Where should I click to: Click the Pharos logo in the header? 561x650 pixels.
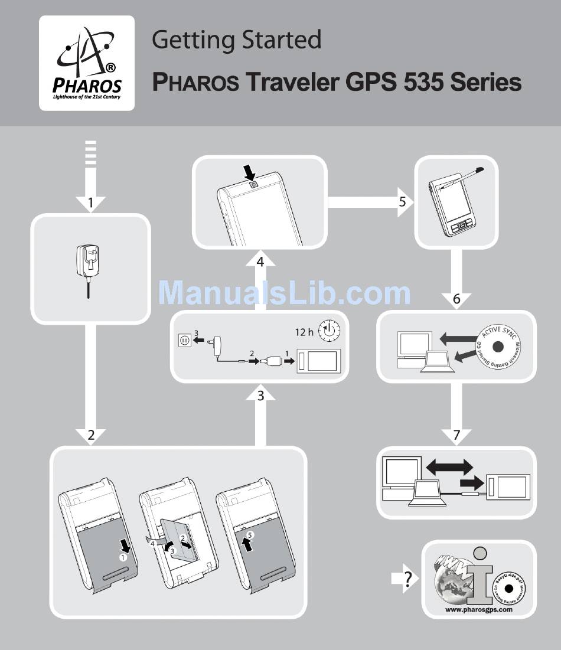click(87, 63)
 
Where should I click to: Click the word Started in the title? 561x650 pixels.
click(281, 40)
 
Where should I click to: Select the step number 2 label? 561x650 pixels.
click(91, 436)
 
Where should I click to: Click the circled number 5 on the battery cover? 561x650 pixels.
click(250, 535)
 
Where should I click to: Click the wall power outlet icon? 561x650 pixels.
click(185, 340)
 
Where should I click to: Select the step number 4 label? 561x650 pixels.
click(260, 260)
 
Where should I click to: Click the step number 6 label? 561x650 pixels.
click(456, 299)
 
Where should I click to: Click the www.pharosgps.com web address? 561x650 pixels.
click(478, 610)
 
